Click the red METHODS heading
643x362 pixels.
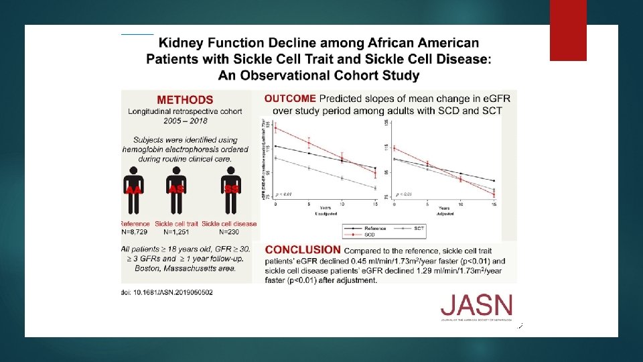coord(185,100)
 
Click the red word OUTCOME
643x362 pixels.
coord(290,98)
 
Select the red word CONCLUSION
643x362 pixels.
coord(303,250)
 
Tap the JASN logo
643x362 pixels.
coord(476,307)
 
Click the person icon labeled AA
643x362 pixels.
coord(135,185)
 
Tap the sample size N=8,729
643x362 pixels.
coord(137,232)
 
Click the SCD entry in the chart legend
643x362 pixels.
coord(369,235)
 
